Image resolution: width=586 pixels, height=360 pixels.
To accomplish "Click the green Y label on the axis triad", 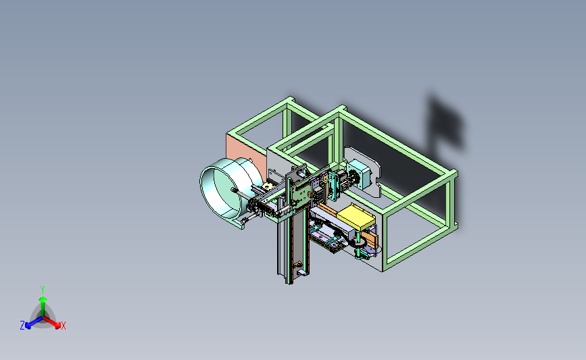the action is tap(43, 290).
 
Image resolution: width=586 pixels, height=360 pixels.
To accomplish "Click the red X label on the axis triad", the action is tap(64, 326).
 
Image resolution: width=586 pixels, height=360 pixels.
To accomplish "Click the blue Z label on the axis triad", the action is tap(22, 326).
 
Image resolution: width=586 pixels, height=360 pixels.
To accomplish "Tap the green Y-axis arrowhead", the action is tap(43, 299).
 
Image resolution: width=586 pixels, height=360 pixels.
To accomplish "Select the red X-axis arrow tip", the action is tap(57, 326).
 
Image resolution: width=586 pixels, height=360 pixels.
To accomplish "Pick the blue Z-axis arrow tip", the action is tap(28, 326).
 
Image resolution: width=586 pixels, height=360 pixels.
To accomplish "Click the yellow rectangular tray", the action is tap(356, 217).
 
